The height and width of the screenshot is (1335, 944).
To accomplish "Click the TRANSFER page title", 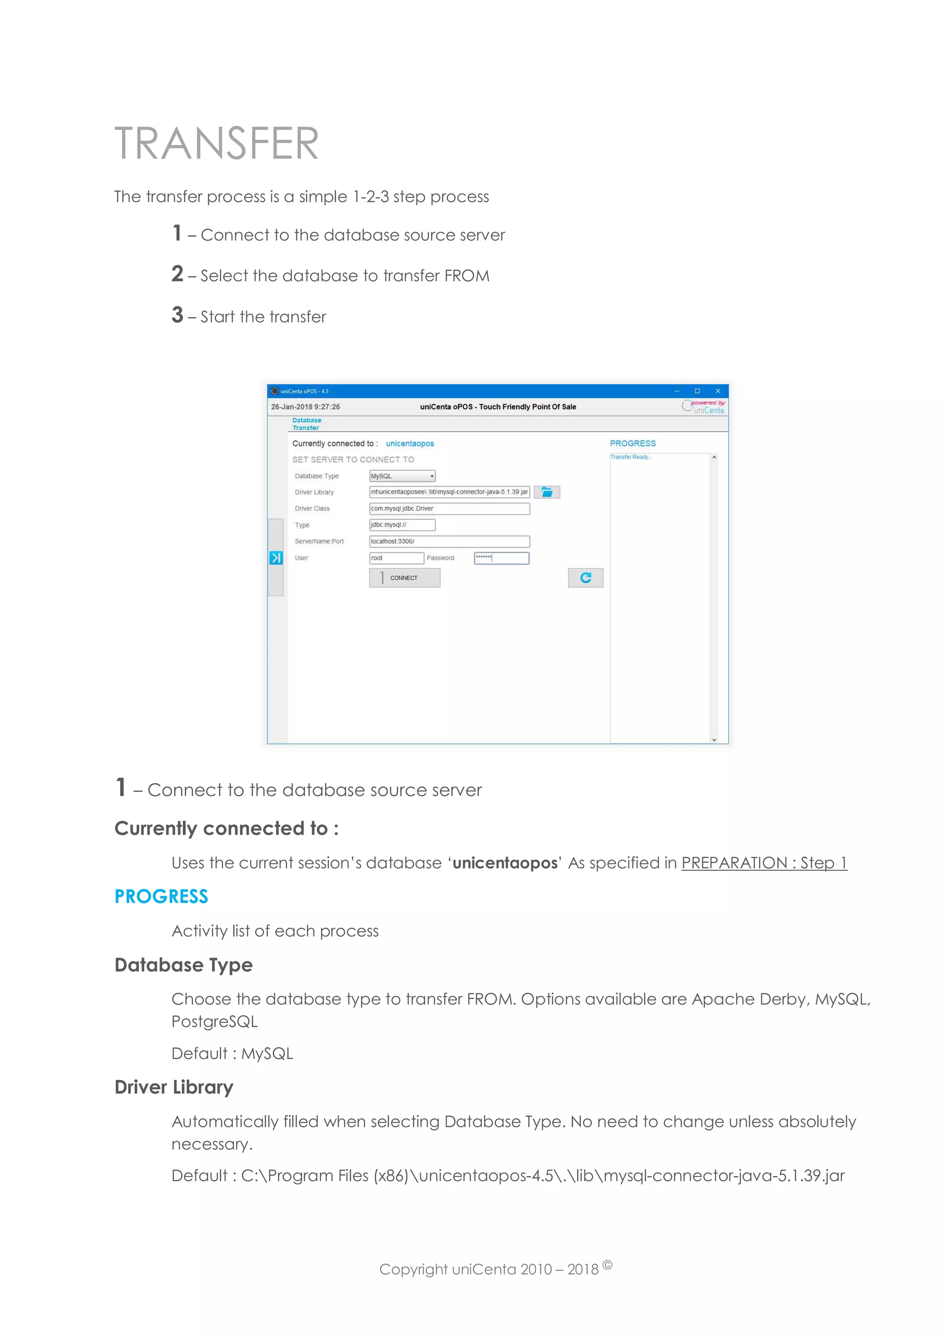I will (216, 144).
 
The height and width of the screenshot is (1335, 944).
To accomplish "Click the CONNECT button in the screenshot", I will (404, 578).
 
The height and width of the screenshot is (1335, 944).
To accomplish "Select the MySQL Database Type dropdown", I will (402, 476).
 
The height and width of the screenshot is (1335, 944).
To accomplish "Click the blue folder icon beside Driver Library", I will (547, 492).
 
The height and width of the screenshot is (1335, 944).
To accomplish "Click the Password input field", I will (501, 558).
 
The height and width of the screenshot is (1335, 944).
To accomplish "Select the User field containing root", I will (396, 558).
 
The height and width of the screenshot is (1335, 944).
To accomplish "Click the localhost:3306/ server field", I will (449, 541).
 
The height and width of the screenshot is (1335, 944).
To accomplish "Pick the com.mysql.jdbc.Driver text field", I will (449, 509).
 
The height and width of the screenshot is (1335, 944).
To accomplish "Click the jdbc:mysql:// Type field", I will (402, 525).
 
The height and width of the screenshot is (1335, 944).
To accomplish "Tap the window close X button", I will (718, 391).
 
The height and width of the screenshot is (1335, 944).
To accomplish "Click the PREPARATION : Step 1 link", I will (764, 863).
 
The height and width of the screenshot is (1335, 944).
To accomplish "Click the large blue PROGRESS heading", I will (161, 896).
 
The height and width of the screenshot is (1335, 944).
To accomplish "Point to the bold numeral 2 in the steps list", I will (177, 274).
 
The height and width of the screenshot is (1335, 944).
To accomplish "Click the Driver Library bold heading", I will (174, 1087).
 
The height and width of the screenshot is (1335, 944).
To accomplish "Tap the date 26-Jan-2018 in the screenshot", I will (305, 407).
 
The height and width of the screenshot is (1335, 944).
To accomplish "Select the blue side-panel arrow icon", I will (276, 558).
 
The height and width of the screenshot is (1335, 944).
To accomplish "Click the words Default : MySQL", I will (232, 1054).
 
